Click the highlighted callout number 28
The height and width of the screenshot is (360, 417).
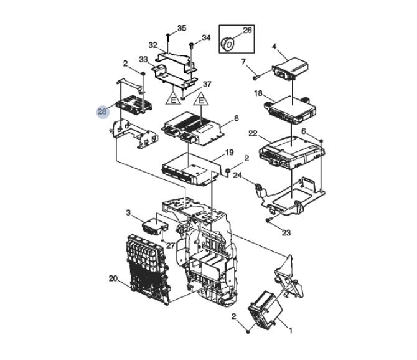[103, 111]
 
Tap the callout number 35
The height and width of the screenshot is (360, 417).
[182, 28]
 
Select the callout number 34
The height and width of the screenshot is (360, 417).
[206, 38]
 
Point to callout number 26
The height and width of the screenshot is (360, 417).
[247, 30]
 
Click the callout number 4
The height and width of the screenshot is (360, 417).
[274, 47]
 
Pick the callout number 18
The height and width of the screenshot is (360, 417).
[258, 93]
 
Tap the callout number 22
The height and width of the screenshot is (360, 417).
[253, 133]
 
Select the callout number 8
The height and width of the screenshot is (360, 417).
[237, 118]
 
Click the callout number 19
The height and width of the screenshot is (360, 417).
[229, 153]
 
